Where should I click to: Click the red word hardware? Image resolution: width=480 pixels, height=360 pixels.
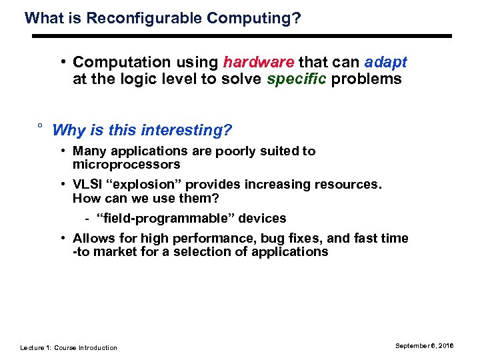pos(259,63)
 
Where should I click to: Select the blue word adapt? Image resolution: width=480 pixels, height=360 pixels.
pos(385,63)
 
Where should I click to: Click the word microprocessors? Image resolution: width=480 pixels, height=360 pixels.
pos(127,164)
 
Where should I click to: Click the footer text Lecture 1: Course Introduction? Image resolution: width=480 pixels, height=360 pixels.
pos(69,347)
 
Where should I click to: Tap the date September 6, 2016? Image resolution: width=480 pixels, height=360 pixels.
pos(424,345)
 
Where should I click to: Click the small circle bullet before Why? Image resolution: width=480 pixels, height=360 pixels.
pos(40,126)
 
